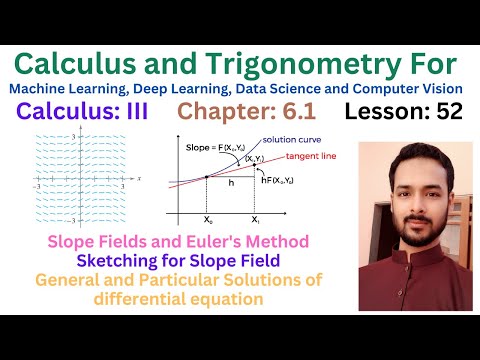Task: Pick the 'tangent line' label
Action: (310, 158)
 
